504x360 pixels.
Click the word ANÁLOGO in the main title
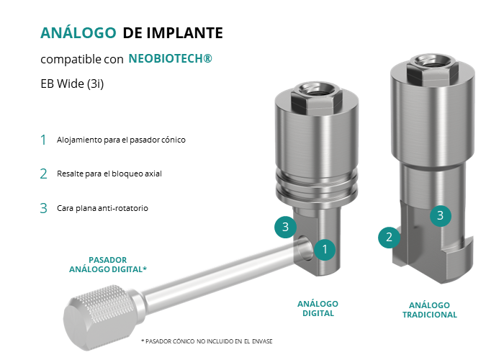tap(78, 32)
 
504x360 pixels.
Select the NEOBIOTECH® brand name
tap(171, 58)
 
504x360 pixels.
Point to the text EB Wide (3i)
tap(72, 84)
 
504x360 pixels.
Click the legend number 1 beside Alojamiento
tap(43, 140)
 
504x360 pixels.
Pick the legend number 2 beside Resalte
tap(44, 174)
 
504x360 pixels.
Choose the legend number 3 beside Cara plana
tap(44, 208)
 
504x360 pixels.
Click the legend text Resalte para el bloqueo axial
tap(109, 174)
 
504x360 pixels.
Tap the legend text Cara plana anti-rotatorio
tap(102, 208)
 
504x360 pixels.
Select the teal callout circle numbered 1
tap(325, 249)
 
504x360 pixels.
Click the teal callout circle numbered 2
tap(389, 237)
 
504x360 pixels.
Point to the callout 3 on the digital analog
tap(285, 227)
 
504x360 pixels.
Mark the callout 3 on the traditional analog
tap(441, 216)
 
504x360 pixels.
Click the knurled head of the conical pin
tap(99, 317)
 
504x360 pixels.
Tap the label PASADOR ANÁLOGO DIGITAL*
tap(108, 264)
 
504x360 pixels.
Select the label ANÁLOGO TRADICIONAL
tap(430, 310)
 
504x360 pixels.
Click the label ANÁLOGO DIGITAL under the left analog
tap(318, 309)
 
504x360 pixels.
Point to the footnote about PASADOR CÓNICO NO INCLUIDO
tap(207, 341)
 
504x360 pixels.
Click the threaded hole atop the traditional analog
tap(432, 60)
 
